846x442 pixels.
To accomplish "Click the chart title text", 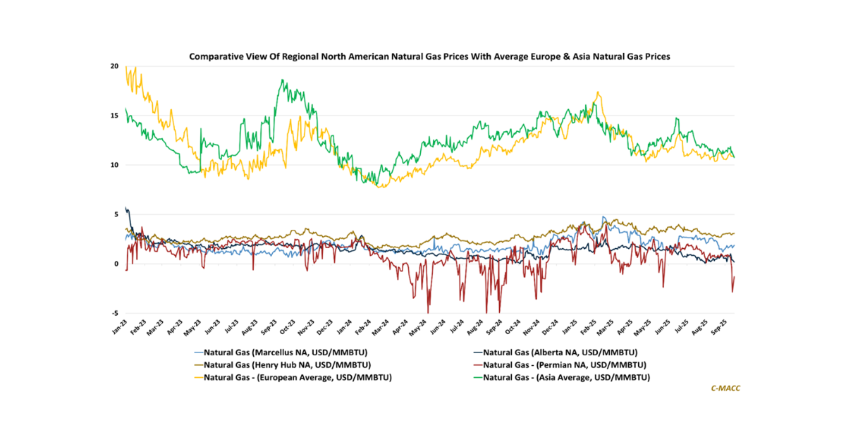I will click(x=429, y=54).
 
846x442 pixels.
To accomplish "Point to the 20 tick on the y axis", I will click(x=114, y=66).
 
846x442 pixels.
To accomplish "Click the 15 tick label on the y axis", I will click(x=114, y=116).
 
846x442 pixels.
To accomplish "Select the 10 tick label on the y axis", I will click(x=114, y=165).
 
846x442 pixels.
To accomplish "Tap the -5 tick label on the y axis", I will click(x=114, y=314).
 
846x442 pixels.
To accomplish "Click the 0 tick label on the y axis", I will click(x=116, y=264).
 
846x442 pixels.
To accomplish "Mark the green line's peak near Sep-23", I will click(x=281, y=80).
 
